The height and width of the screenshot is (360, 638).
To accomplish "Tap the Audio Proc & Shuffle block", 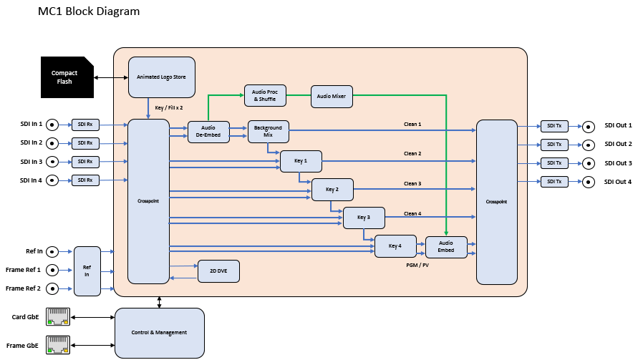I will pos(264,95).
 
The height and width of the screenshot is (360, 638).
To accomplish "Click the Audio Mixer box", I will pos(332,95).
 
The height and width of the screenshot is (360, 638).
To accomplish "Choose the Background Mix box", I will pos(268,130).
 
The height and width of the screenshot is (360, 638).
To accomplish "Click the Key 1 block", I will pos(301,160).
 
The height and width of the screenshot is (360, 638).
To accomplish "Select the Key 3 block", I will pos(364,218).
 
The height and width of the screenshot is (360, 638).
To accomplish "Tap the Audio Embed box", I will pos(445,246).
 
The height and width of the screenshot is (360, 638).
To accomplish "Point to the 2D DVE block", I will pos(218,271).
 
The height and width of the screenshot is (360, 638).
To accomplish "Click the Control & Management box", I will pos(159,332).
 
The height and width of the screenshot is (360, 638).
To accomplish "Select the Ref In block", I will pos(87,271).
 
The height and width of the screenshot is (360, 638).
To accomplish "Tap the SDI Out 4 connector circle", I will pos(588,182).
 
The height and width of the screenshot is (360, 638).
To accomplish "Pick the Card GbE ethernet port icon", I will pos(57,316).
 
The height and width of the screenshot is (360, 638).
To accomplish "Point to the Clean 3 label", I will pos(412,184).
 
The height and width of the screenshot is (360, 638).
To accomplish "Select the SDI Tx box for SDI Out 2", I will pos(554,145).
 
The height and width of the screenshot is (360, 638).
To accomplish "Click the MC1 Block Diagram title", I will pos(89,11).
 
